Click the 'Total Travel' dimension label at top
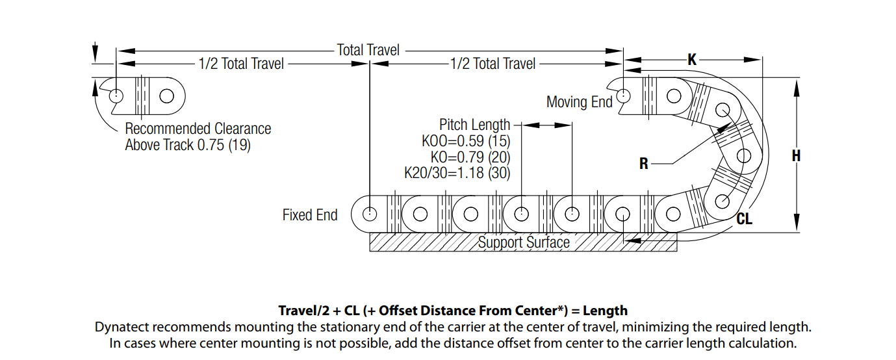(x=368, y=49)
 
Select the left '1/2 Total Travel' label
(x=242, y=64)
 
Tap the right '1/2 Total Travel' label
(x=493, y=64)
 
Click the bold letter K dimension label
(x=692, y=60)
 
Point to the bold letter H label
(x=796, y=156)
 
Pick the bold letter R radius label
(x=644, y=164)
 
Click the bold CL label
(x=745, y=220)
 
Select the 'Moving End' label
(x=579, y=102)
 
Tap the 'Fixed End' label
(x=310, y=215)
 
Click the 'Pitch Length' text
(x=475, y=125)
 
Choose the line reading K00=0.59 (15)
(x=466, y=141)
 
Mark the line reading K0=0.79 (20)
(x=470, y=157)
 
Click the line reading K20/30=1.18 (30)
(x=457, y=173)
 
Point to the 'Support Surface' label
(x=524, y=243)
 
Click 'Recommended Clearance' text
(x=198, y=129)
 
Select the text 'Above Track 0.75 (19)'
(x=188, y=145)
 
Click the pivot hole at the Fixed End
(x=370, y=214)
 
